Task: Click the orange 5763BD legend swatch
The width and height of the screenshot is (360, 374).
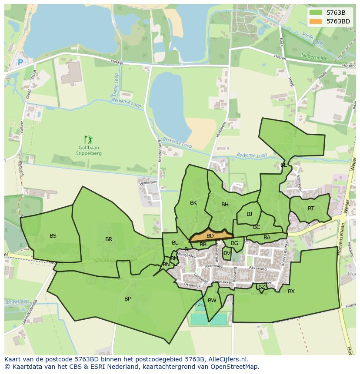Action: click(x=316, y=21)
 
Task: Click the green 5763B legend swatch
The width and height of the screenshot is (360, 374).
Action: click(x=316, y=13)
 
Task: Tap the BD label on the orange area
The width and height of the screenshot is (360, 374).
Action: click(x=210, y=236)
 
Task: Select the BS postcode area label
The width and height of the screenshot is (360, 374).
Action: click(x=53, y=236)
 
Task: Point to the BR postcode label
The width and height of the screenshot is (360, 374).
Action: click(x=109, y=239)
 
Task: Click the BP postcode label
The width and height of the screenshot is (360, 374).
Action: click(x=127, y=299)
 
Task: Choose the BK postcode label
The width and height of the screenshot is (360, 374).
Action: click(x=193, y=203)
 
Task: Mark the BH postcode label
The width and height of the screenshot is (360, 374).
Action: click(x=225, y=205)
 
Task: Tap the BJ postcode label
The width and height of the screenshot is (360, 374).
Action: click(x=249, y=214)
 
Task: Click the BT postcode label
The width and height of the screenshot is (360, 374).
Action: click(x=311, y=209)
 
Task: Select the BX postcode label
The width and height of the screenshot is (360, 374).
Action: click(x=291, y=291)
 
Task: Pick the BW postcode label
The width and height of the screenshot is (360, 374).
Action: click(x=212, y=301)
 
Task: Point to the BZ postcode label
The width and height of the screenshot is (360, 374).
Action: click(x=261, y=287)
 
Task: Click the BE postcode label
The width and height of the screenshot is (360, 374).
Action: click(x=283, y=165)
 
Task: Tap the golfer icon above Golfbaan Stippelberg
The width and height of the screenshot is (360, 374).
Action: click(x=88, y=139)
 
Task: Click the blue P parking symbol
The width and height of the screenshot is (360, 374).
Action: click(x=20, y=63)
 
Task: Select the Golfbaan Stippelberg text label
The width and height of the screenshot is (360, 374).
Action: click(x=88, y=150)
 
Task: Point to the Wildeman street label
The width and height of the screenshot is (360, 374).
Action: click(x=148, y=183)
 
